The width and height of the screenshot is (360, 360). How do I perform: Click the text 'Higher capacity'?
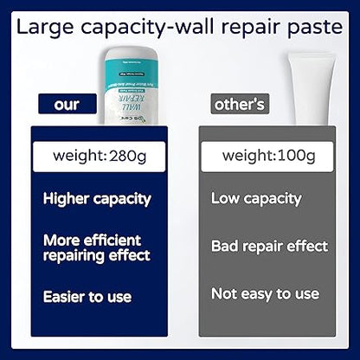97,198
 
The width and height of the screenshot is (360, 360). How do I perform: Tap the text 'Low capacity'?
256,198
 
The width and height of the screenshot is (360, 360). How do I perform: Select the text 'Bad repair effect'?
269,246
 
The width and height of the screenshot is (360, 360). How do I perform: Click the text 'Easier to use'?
87,297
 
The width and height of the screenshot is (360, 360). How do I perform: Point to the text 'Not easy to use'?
264,294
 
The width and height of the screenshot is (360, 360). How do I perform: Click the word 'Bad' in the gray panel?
225,246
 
